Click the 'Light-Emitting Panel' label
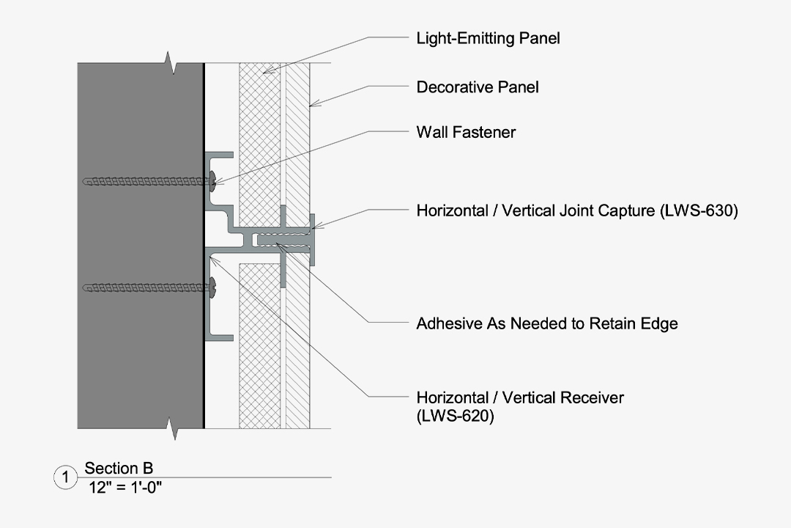click(488, 38)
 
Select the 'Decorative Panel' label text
click(478, 87)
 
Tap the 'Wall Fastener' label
click(466, 132)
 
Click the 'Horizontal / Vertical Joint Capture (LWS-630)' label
click(576, 211)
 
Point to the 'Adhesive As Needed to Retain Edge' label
click(546, 323)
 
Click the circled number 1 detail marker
click(65, 478)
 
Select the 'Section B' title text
click(119, 469)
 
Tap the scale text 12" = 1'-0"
click(125, 486)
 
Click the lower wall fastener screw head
click(212, 288)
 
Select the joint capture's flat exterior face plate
click(312, 240)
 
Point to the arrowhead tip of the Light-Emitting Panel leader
click(265, 72)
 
